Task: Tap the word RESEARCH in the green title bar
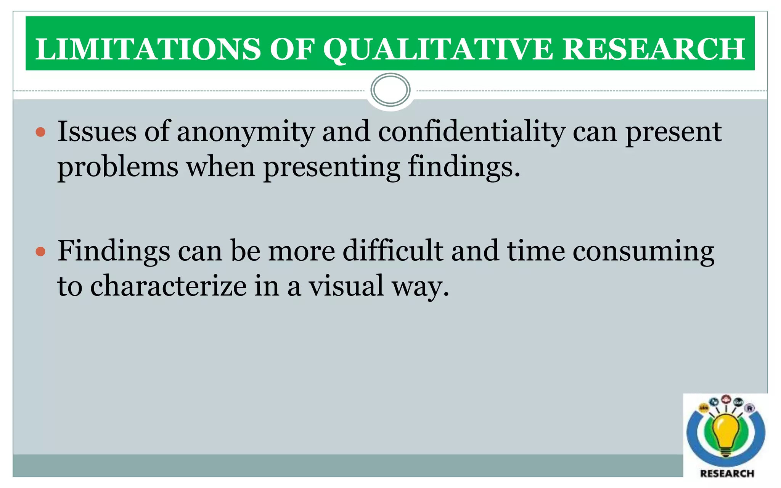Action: [654, 49]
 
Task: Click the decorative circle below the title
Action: [390, 90]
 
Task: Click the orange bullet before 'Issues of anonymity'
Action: [40, 133]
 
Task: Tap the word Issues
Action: [97, 132]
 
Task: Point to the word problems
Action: [118, 167]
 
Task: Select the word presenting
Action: [331, 167]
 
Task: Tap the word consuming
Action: [643, 252]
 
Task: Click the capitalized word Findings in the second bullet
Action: [114, 252]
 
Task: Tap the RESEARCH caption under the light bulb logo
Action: [727, 474]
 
